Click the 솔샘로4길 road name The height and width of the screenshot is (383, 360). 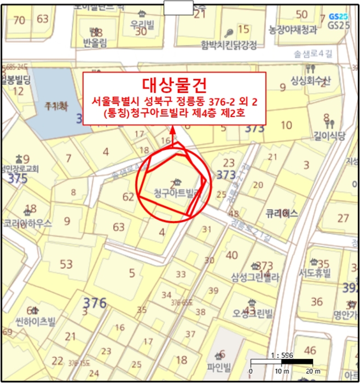click(x=313, y=53)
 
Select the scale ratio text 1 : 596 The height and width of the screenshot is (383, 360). click(x=281, y=355)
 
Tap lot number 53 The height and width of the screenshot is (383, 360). click(x=66, y=265)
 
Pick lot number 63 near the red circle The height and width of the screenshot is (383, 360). click(x=119, y=227)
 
